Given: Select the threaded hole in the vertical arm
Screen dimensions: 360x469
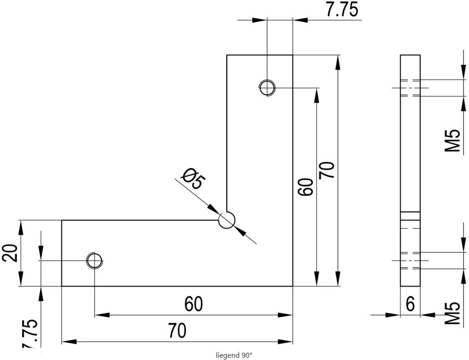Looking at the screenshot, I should click(267, 87).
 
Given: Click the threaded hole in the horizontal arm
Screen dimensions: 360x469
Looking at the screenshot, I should click(95, 260).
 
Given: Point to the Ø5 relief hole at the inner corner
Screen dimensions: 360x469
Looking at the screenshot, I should click(226, 220).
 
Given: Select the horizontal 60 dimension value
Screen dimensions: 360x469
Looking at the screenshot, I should click(194, 304).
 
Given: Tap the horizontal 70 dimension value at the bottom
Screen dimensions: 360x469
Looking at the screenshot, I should click(177, 331).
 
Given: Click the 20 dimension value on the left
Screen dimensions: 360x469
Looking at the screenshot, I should click(11, 253).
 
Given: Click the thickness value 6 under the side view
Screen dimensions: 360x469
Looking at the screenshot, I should click(410, 304).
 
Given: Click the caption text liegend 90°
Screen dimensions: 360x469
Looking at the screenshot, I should click(234, 355).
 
